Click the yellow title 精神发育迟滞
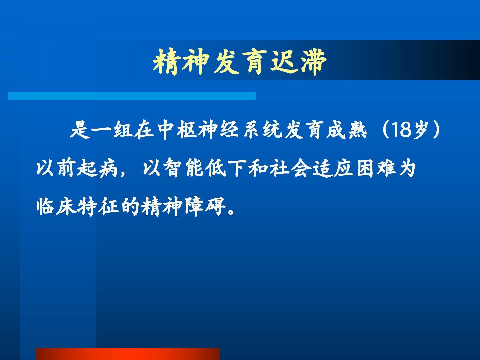(x=240, y=62)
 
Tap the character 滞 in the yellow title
(x=314, y=62)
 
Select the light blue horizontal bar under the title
(x=132, y=96)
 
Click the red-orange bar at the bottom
(x=128, y=354)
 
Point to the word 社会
(x=290, y=168)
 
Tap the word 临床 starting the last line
(x=56, y=207)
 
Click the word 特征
(x=98, y=207)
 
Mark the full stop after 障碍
(x=231, y=212)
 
